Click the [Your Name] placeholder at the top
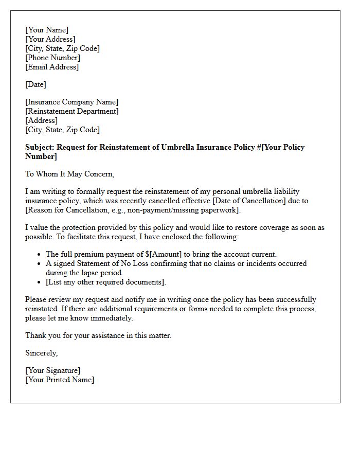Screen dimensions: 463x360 [x=47, y=30]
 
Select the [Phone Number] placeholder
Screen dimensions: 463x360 [x=52, y=58]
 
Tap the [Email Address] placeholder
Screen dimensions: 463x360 [x=52, y=67]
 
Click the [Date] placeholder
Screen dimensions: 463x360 [x=35, y=84]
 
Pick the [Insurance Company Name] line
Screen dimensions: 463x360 [x=71, y=102]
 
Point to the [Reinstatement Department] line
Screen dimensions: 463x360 [x=71, y=111]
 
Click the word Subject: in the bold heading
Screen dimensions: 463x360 [x=40, y=147]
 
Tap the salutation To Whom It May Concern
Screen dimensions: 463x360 [x=69, y=174]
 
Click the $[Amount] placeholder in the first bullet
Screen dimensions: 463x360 [x=159, y=254]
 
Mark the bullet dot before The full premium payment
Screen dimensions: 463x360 [x=39, y=255]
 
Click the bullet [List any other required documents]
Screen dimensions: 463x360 [x=106, y=282]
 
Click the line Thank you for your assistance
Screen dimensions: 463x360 [x=98, y=335]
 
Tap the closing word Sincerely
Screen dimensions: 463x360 [x=41, y=353]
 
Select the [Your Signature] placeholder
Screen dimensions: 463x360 [x=52, y=370]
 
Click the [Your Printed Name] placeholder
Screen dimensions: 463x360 [x=60, y=380]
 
